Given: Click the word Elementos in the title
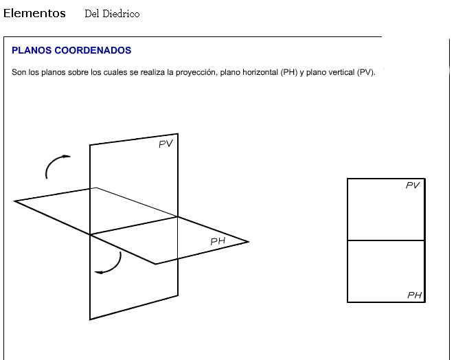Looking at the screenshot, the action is tap(34, 13).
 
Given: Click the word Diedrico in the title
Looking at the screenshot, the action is tap(121, 14).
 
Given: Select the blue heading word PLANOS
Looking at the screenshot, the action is tap(32, 50).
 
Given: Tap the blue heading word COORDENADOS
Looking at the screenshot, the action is tap(93, 50).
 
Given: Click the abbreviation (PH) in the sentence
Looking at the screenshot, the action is tap(289, 72).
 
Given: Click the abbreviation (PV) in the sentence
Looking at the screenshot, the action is tap(366, 72).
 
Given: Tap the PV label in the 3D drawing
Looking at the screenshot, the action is tap(166, 144).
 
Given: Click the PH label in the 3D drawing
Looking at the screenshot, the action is tap(218, 241).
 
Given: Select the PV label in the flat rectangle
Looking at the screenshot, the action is tap(413, 185).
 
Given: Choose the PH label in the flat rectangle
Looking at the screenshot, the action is tap(415, 295).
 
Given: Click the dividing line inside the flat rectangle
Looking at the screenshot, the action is tap(386, 240).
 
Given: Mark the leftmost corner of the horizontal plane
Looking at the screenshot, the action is tap(14, 201).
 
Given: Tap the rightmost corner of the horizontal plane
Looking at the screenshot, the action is tap(249, 242).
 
